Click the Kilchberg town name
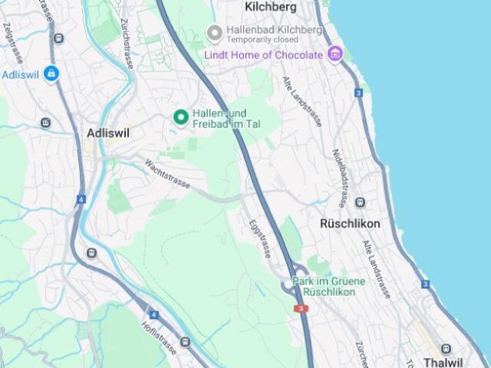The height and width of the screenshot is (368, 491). [270, 7]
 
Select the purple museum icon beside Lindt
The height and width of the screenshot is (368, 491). [334, 54]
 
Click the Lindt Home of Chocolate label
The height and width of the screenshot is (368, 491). [263, 55]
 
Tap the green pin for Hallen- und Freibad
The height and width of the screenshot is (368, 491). [181, 117]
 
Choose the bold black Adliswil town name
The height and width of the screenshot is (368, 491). [108, 133]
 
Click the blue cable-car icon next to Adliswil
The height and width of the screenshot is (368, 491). [51, 74]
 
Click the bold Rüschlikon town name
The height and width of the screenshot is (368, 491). [349, 224]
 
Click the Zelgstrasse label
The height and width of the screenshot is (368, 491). [10, 36]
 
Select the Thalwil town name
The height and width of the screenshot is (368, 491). [443, 362]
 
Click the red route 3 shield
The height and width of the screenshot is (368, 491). [302, 308]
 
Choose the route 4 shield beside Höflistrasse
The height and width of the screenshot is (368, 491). [154, 314]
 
